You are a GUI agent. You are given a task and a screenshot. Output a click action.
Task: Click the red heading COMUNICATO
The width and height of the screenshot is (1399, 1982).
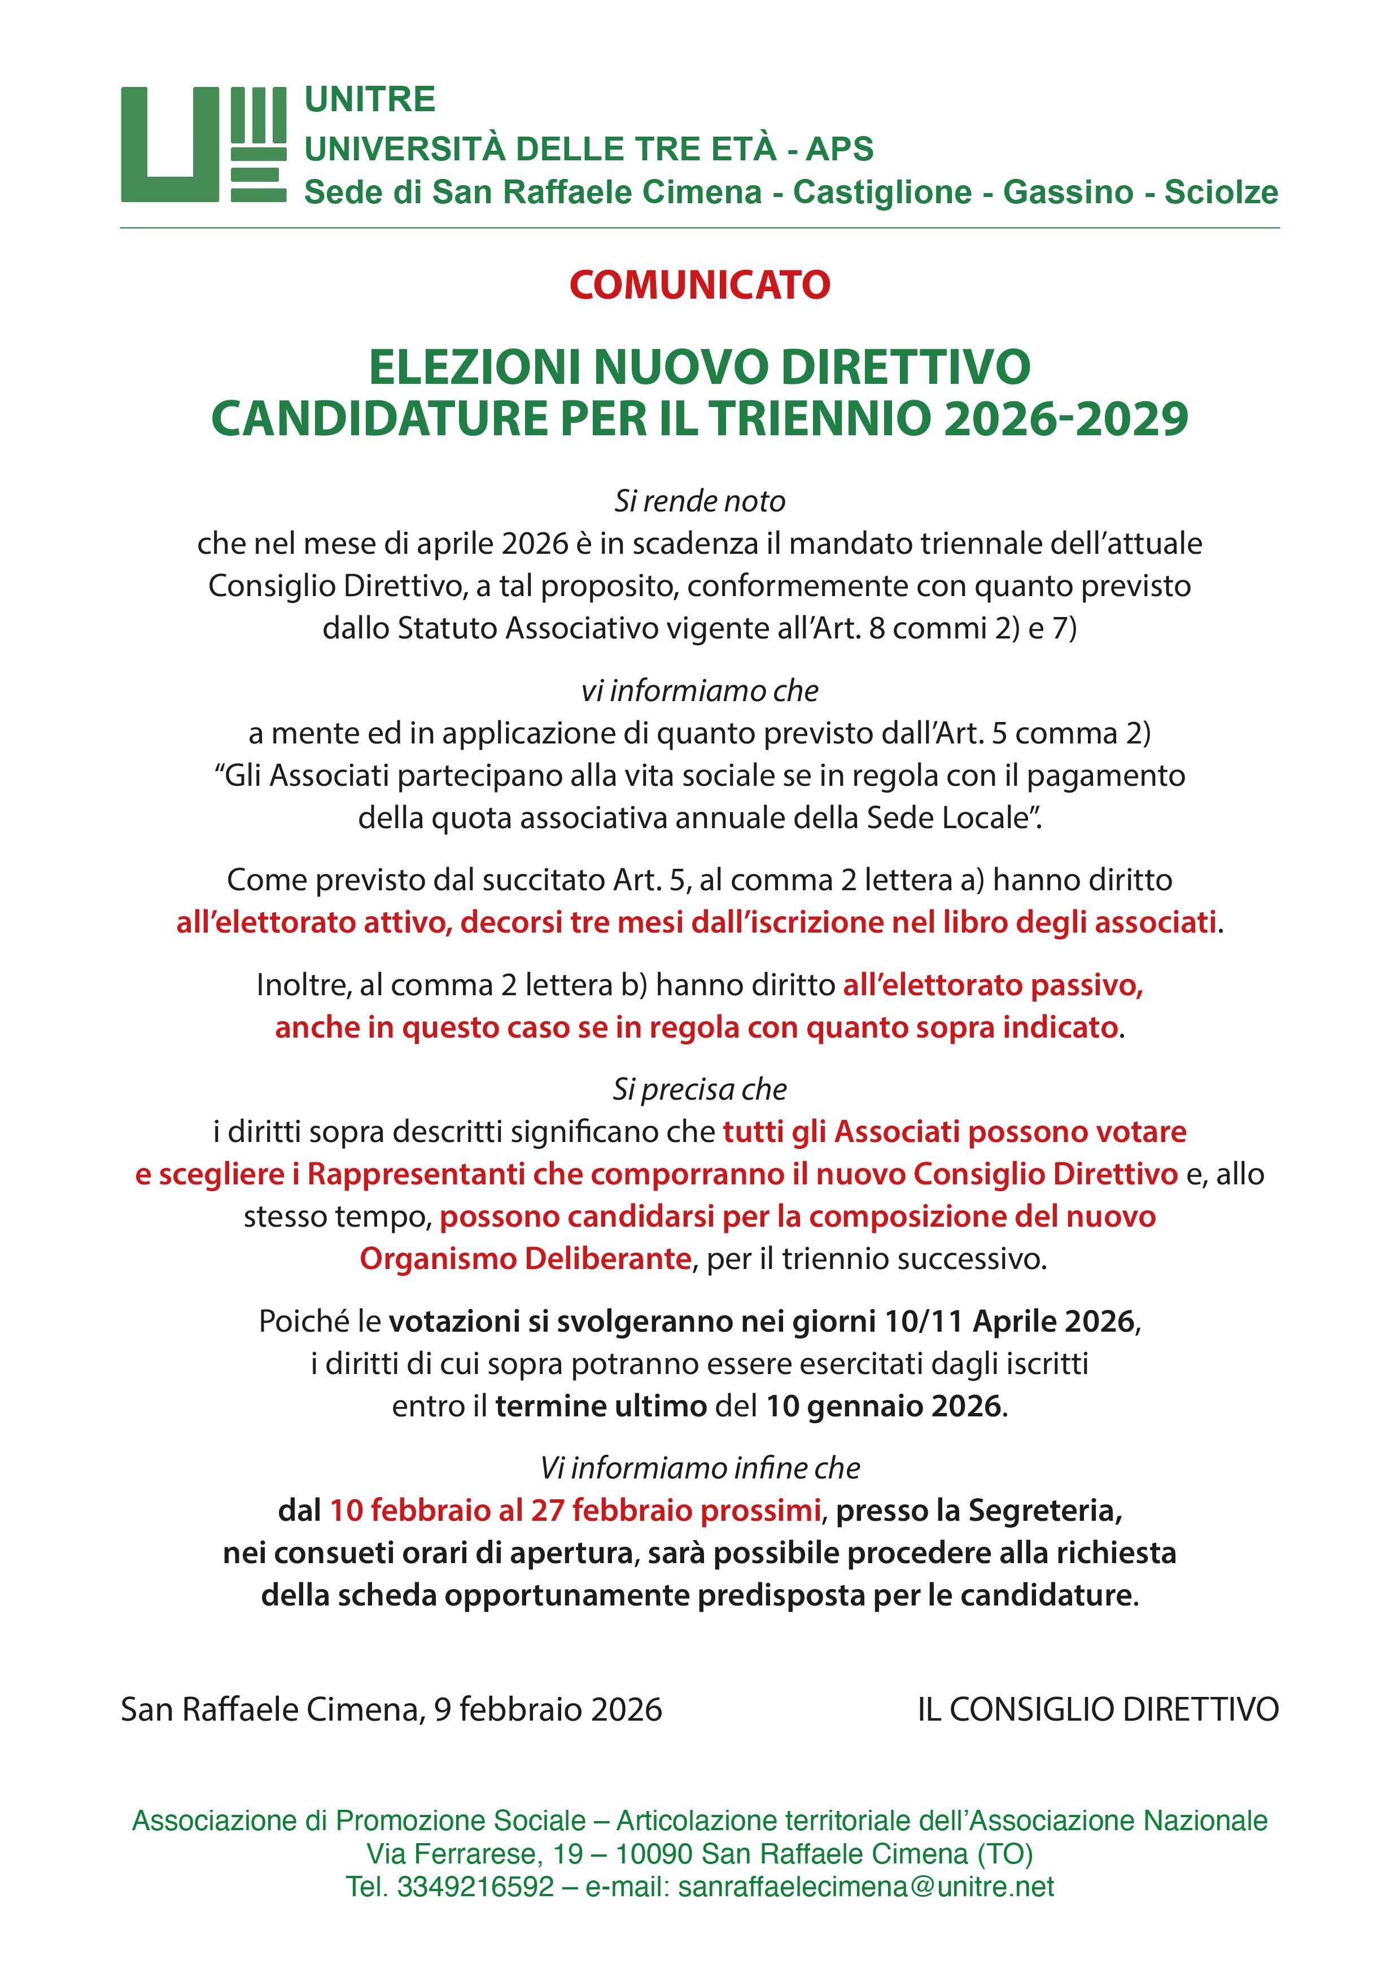699,286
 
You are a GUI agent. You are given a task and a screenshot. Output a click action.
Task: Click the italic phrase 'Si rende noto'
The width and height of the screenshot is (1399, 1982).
699,501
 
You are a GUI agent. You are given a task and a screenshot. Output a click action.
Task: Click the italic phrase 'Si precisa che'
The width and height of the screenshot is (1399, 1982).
699,1090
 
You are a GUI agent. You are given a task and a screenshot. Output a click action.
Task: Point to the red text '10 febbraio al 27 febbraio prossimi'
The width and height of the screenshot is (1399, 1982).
575,1511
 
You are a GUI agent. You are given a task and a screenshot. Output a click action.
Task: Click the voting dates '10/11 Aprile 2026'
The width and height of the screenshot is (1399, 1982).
1009,1322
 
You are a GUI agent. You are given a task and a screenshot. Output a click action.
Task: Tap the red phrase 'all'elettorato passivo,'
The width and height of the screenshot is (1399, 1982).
993,985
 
